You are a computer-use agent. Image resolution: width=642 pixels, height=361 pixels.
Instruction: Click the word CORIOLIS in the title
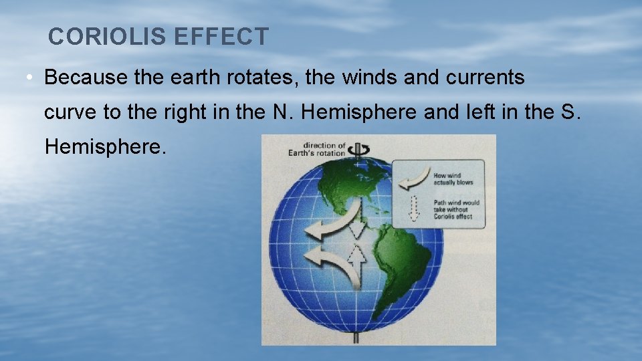point(108,37)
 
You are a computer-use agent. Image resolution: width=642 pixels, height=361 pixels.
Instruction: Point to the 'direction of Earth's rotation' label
point(324,149)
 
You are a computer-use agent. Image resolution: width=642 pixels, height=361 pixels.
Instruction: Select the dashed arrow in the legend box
point(413,208)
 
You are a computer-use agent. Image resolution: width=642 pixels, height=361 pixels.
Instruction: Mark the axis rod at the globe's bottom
point(356,338)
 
